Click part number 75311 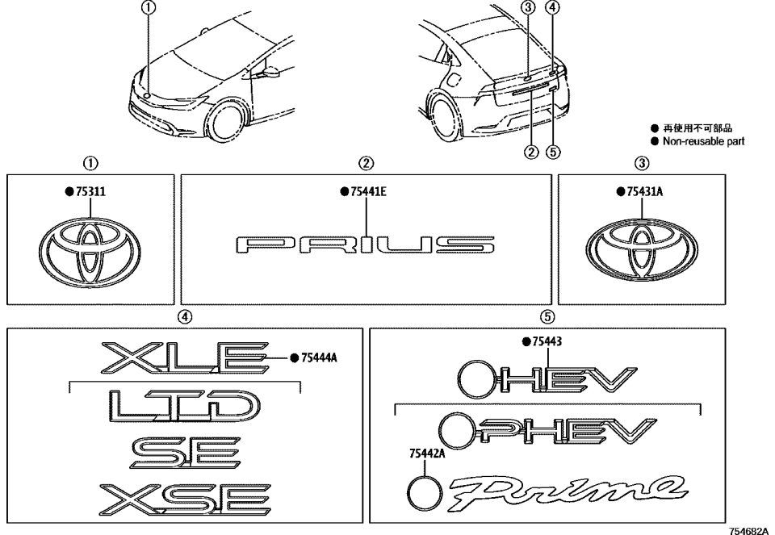(x=92, y=194)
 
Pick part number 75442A (x=423, y=455)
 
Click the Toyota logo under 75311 (x=89, y=249)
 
